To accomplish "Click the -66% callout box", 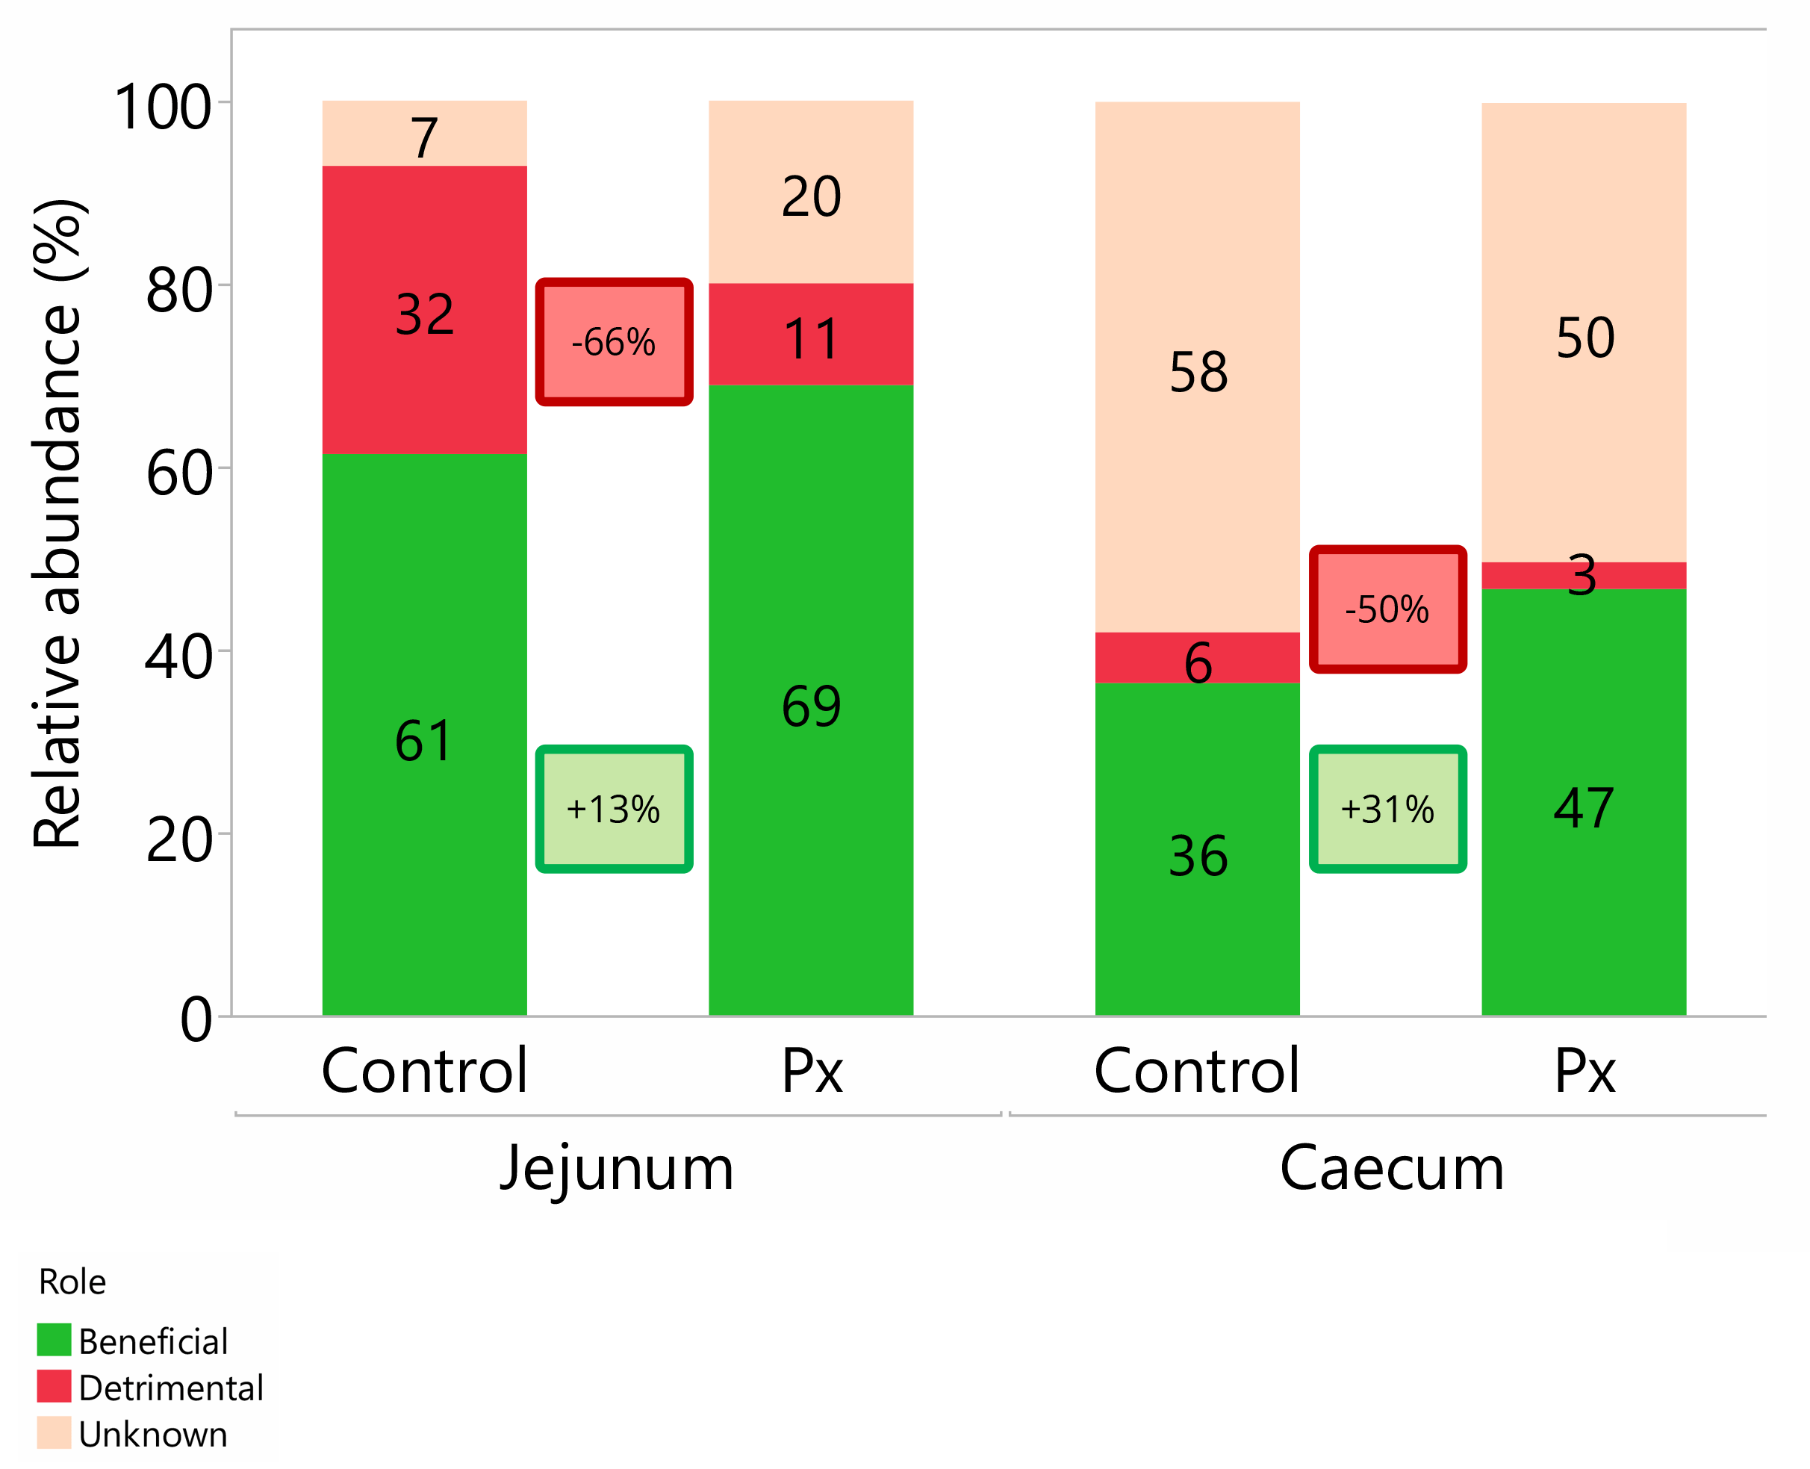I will [614, 342].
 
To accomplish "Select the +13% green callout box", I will [614, 809].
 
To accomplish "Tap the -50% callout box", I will [1387, 609].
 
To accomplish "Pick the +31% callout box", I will [1387, 809].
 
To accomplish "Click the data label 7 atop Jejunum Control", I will [424, 138].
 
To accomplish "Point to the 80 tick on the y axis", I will [178, 291].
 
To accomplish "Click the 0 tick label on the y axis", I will [196, 1019].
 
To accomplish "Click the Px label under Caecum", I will [1584, 1071].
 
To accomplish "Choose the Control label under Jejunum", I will [424, 1071].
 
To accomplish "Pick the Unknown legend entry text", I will [152, 1435].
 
